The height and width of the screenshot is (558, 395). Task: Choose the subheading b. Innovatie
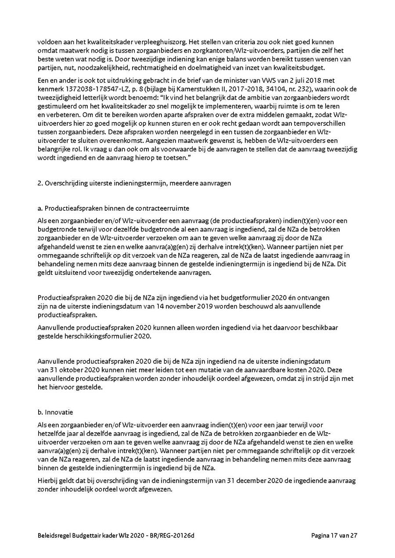point(55,412)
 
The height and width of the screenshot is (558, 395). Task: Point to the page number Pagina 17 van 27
point(334,535)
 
